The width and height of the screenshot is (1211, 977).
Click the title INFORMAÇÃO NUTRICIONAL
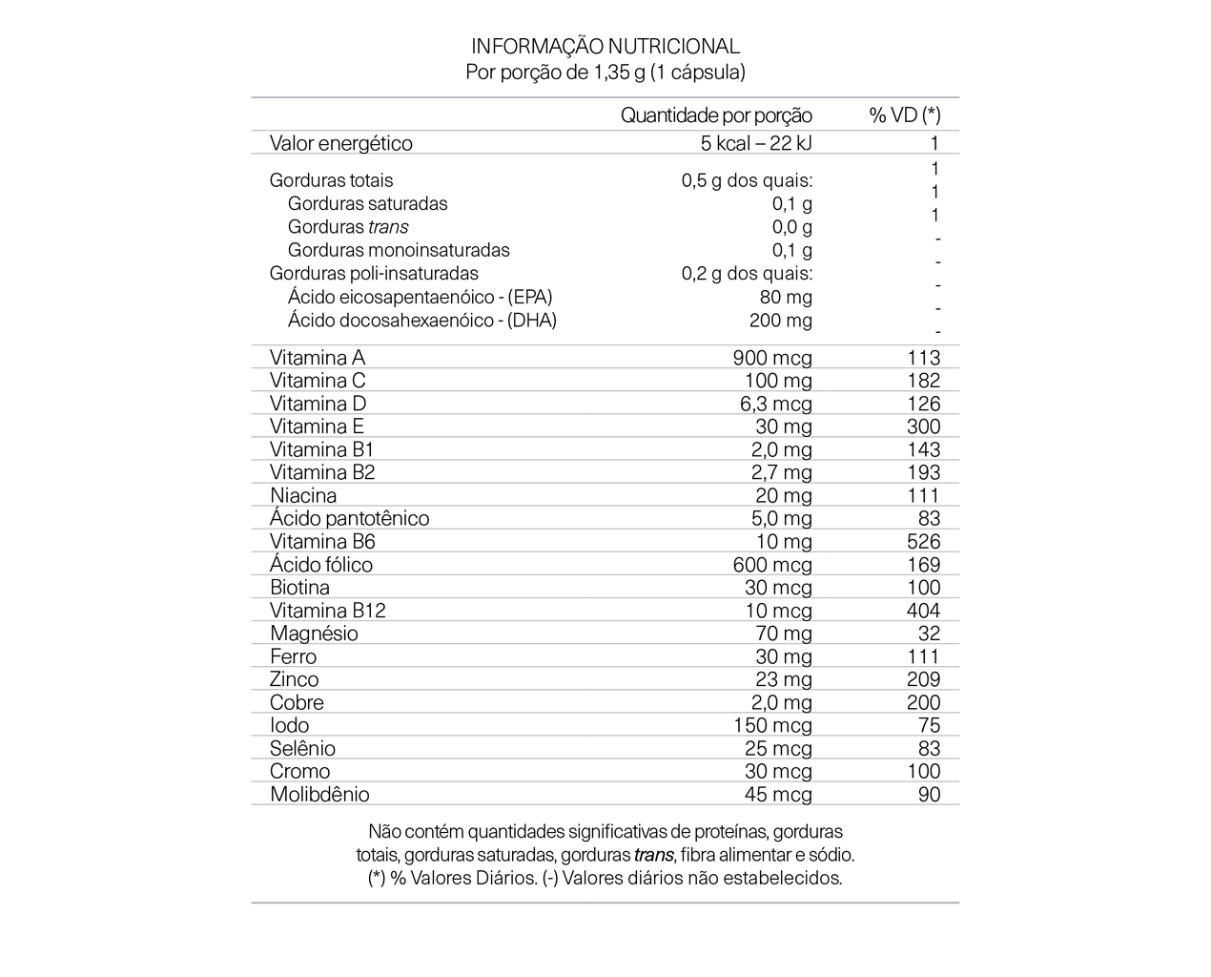[x=605, y=46]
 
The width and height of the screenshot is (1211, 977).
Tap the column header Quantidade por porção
[x=716, y=115]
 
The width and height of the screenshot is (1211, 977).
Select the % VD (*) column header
[x=904, y=115]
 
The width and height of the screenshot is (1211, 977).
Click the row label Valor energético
[x=340, y=143]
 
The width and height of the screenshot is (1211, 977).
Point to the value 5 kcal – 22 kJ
[x=756, y=143]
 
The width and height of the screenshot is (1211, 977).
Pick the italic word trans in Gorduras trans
[x=388, y=227]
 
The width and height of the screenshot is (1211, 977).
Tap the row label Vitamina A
[x=317, y=358]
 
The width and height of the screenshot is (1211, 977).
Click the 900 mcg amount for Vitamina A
[x=772, y=358]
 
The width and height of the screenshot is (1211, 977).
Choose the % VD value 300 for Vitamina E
[x=923, y=426]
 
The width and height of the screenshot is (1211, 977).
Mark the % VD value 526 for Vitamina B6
[x=923, y=542]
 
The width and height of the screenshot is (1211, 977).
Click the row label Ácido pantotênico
[x=349, y=519]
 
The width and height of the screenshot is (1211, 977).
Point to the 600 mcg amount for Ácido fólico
[x=772, y=565]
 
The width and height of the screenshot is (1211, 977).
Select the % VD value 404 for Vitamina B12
[x=923, y=611]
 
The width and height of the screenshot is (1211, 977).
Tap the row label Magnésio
[x=314, y=634]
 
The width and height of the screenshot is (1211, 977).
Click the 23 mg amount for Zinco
[x=783, y=679]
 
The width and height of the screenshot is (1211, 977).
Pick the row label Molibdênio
[x=319, y=795]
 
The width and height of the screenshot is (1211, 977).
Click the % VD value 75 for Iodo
[x=929, y=725]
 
